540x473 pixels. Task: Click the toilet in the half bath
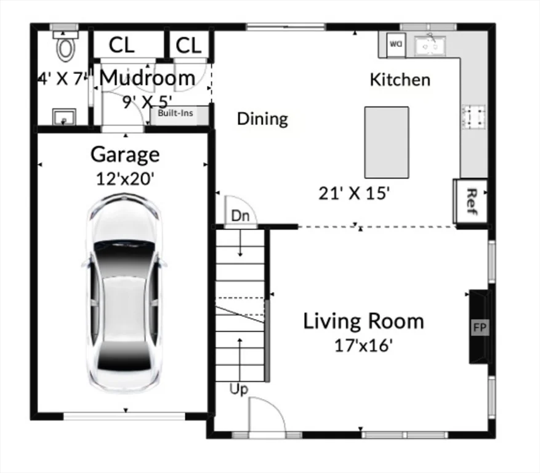65,47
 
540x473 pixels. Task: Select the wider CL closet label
126,45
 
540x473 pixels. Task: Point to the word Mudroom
147,78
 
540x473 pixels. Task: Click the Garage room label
125,154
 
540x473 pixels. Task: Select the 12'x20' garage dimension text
125,179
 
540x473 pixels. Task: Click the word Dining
262,118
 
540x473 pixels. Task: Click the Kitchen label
400,79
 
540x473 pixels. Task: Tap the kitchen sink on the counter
430,44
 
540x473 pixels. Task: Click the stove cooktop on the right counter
474,116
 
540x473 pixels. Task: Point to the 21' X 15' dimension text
354,193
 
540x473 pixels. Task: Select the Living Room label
363,321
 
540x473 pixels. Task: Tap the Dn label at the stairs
240,216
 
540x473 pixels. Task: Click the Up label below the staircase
239,389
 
